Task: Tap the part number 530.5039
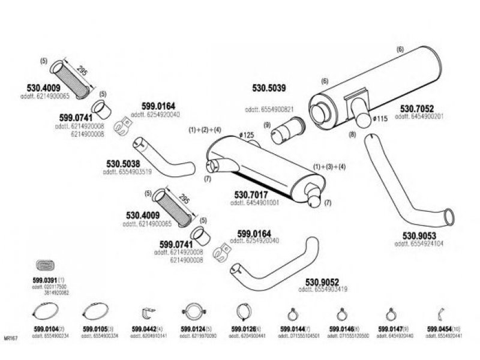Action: click(x=269, y=88)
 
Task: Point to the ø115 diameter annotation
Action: click(x=379, y=119)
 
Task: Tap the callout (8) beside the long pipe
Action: click(x=352, y=134)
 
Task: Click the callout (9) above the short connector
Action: click(x=268, y=125)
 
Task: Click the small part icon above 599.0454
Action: click(x=440, y=312)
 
